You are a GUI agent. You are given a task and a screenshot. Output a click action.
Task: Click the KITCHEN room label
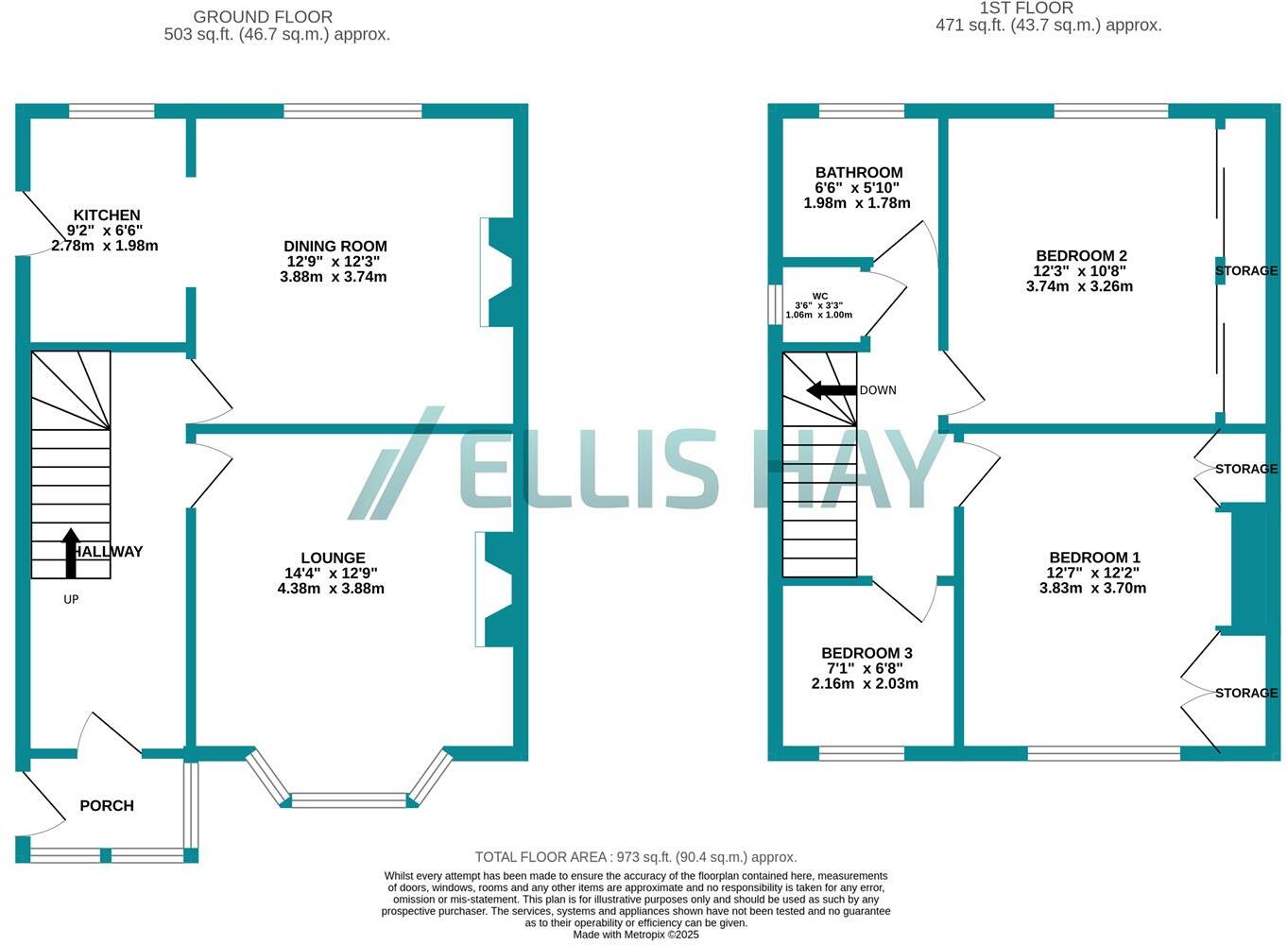(107, 215)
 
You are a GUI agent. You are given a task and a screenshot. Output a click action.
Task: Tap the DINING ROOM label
(335, 246)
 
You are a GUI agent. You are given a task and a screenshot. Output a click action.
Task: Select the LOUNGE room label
(333, 558)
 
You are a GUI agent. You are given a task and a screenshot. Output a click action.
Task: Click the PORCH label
(107, 805)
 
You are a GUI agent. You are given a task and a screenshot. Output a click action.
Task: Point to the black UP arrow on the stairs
(71, 553)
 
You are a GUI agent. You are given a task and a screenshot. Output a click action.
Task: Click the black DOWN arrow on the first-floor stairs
(831, 390)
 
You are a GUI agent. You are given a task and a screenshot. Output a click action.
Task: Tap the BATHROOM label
(858, 172)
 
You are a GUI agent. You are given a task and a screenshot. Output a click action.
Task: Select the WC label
(819, 296)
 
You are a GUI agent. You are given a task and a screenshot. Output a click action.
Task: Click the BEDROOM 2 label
(1081, 255)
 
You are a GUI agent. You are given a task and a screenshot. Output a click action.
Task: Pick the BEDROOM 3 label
(867, 653)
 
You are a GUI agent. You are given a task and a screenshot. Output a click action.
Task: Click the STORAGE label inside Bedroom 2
(1245, 271)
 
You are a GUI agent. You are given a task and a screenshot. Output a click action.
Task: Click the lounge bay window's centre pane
(348, 801)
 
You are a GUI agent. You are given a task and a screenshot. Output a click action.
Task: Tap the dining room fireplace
(497, 272)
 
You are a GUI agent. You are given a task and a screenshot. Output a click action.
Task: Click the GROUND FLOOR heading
(263, 17)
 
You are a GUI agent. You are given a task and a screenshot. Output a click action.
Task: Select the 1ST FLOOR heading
(1026, 9)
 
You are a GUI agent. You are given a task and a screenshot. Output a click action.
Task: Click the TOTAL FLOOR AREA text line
(636, 857)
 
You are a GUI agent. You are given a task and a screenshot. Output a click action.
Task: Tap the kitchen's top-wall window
(112, 112)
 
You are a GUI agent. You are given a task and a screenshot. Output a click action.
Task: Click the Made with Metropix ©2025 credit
(636, 935)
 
